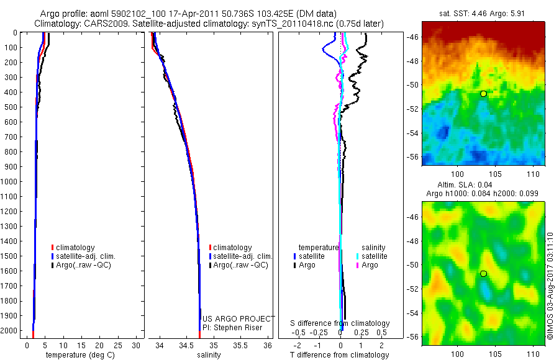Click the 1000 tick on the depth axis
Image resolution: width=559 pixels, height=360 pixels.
12,181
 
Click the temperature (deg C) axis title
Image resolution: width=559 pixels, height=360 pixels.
78,355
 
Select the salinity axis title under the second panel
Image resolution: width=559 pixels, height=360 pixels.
209,355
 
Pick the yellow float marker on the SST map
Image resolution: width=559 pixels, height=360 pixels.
483,93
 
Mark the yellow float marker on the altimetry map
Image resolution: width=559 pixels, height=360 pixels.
483,273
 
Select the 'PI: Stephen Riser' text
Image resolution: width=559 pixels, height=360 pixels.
233,327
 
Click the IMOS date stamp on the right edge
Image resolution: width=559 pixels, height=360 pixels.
550,286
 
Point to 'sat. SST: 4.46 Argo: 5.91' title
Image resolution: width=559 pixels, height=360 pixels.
483,13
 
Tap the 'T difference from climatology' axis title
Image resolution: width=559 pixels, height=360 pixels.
340,355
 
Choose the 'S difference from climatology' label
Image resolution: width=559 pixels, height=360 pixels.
340,323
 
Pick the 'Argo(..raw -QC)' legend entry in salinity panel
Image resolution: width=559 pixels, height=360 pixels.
239,265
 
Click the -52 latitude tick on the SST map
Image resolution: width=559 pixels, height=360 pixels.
412,109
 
